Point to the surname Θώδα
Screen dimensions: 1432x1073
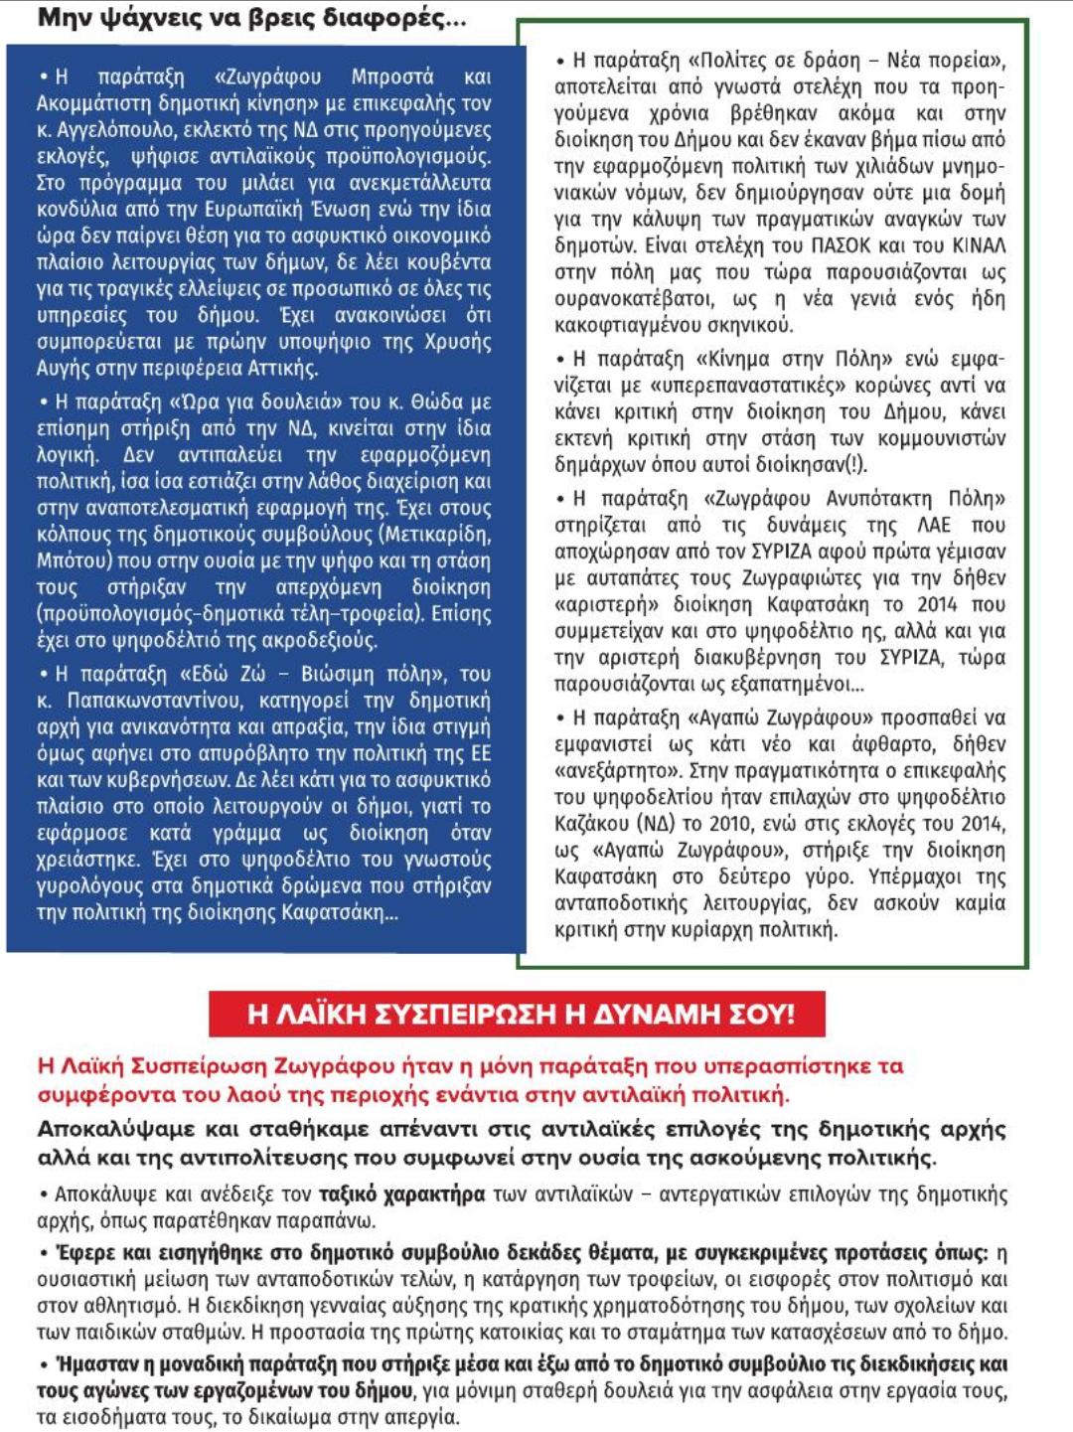[437, 401]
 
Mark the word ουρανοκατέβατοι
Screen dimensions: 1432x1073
[632, 299]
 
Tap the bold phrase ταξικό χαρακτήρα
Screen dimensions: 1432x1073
[402, 1193]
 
